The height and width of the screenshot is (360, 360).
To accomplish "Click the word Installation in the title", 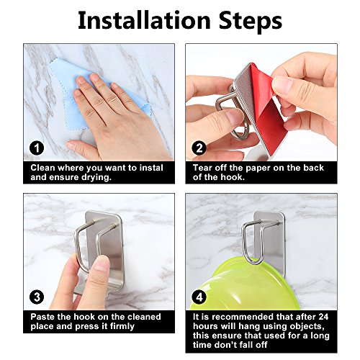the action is coord(144,21).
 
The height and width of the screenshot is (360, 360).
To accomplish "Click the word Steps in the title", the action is coord(250,22).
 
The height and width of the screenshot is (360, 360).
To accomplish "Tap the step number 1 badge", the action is coord(37,148).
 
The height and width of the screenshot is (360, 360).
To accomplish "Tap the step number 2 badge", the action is coord(199,148).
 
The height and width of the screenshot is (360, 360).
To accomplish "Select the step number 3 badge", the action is coord(37,297).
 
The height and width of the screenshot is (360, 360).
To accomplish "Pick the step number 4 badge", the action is coord(199,297).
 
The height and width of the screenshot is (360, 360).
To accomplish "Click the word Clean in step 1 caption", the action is coord(42,168).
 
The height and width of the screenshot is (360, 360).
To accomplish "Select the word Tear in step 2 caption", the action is coord(202,168).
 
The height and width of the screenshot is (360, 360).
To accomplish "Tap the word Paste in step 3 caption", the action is coord(42,317).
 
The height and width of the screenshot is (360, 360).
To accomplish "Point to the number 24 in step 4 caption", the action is coord(323,317).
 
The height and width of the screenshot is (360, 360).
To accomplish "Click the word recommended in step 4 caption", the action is coord(243,317).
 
